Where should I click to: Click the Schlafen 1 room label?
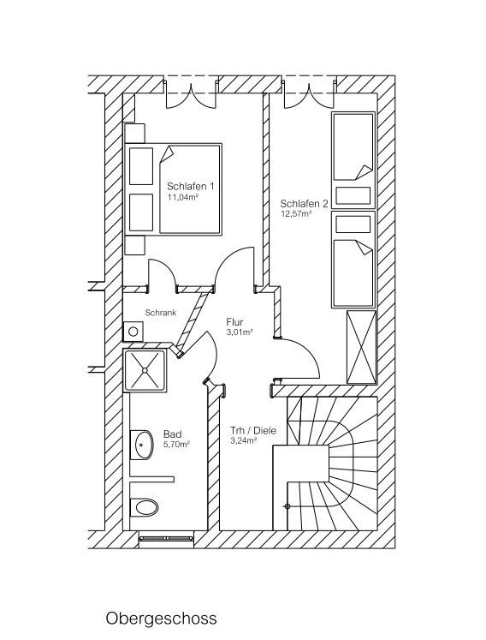[x=191, y=187]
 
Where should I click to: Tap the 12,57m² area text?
[x=295, y=213]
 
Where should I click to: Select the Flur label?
[x=234, y=322]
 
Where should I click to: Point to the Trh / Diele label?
[x=253, y=431]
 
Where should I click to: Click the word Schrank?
[x=161, y=313]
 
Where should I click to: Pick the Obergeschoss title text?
[x=161, y=619]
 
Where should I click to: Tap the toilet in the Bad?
[x=145, y=507]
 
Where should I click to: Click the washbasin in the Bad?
[x=142, y=444]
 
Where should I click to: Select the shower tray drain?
[x=144, y=370]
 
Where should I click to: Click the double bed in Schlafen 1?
[x=173, y=189]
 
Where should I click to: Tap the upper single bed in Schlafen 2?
[x=353, y=147]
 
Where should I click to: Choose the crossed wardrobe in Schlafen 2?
[x=361, y=347]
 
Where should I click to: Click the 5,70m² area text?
[x=176, y=445]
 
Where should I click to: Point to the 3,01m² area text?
[x=240, y=332]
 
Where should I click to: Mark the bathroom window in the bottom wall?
[x=165, y=538]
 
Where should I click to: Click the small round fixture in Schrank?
[x=133, y=331]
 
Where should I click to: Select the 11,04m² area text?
[x=182, y=197]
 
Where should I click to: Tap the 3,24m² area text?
[x=243, y=440]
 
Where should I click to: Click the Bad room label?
[x=173, y=434]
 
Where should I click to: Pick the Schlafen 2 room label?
[x=304, y=203]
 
